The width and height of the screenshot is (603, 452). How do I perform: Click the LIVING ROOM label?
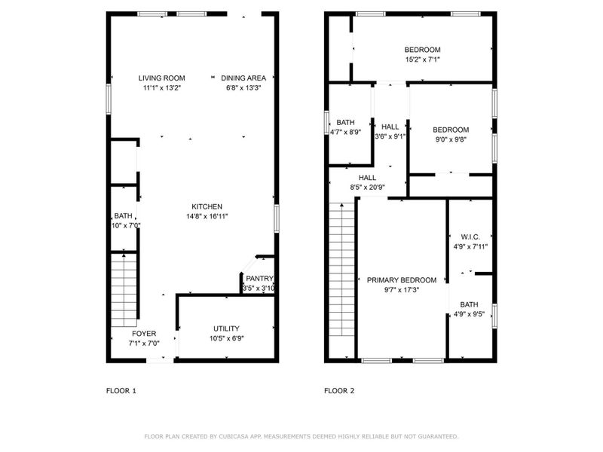162,78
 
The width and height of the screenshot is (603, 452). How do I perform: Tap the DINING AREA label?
243,78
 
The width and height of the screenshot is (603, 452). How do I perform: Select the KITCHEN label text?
207,206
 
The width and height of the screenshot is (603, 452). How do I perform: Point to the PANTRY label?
259,279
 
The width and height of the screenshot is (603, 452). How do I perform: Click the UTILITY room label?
226,328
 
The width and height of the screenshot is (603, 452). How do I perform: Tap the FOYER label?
144,333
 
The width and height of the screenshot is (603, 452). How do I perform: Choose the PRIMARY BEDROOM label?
402,279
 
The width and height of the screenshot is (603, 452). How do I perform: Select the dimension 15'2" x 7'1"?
422,60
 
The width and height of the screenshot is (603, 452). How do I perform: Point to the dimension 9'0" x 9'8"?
451,139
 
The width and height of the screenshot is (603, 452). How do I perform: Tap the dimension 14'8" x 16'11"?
207,216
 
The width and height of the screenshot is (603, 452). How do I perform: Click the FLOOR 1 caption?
121,390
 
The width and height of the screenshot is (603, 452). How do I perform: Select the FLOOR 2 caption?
339,390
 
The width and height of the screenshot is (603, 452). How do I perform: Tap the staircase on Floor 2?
341,279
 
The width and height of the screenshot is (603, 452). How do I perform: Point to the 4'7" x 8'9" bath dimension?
346,132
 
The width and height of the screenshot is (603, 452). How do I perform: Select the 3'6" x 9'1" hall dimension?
390,136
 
